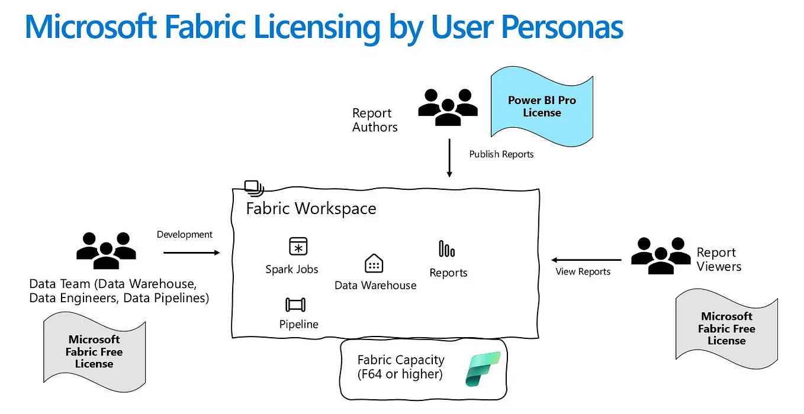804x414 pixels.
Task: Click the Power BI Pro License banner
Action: (542, 106)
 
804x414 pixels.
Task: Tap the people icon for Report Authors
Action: (448, 106)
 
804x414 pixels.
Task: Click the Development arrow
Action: (191, 253)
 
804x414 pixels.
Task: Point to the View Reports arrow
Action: (586, 260)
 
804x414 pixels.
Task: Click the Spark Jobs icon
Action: (298, 246)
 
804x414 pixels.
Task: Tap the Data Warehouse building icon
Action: (374, 263)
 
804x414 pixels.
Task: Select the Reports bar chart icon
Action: (446, 249)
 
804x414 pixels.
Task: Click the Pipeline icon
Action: (295, 305)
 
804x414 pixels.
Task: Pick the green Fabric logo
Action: (483, 368)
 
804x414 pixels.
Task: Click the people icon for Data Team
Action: (106, 250)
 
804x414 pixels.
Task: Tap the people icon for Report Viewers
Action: (661, 255)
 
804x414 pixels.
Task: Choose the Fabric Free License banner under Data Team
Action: (94, 351)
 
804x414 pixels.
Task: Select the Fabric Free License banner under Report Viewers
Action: (726, 329)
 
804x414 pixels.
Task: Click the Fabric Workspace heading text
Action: (311, 209)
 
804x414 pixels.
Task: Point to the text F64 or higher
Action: (400, 374)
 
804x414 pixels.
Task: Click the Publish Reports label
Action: (501, 154)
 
